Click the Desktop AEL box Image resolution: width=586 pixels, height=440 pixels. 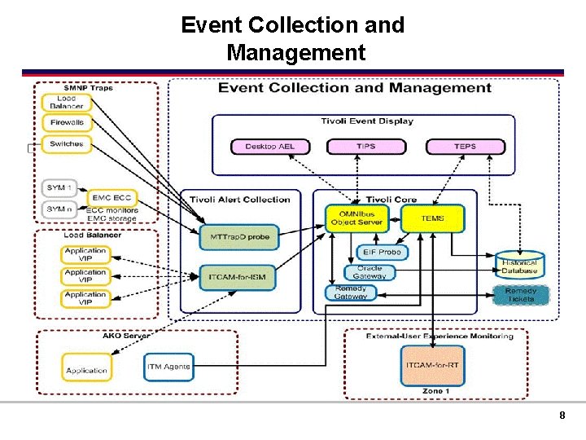click(269, 147)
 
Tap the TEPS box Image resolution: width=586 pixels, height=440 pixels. click(465, 147)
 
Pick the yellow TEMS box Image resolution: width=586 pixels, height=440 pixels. click(432, 218)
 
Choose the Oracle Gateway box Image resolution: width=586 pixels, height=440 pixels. click(370, 272)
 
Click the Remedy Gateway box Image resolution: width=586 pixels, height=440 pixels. click(351, 292)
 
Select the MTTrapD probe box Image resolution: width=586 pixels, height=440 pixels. click(239, 238)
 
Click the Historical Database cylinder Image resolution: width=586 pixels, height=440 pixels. click(519, 266)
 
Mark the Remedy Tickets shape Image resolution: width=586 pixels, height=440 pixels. click(520, 294)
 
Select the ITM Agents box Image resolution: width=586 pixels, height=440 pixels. click(169, 367)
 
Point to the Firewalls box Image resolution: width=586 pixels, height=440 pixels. click(66, 123)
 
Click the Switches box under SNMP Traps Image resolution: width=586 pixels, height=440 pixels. click(66, 144)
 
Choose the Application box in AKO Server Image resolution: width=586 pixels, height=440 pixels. click(86, 370)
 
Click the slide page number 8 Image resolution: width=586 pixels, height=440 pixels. click(562, 416)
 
